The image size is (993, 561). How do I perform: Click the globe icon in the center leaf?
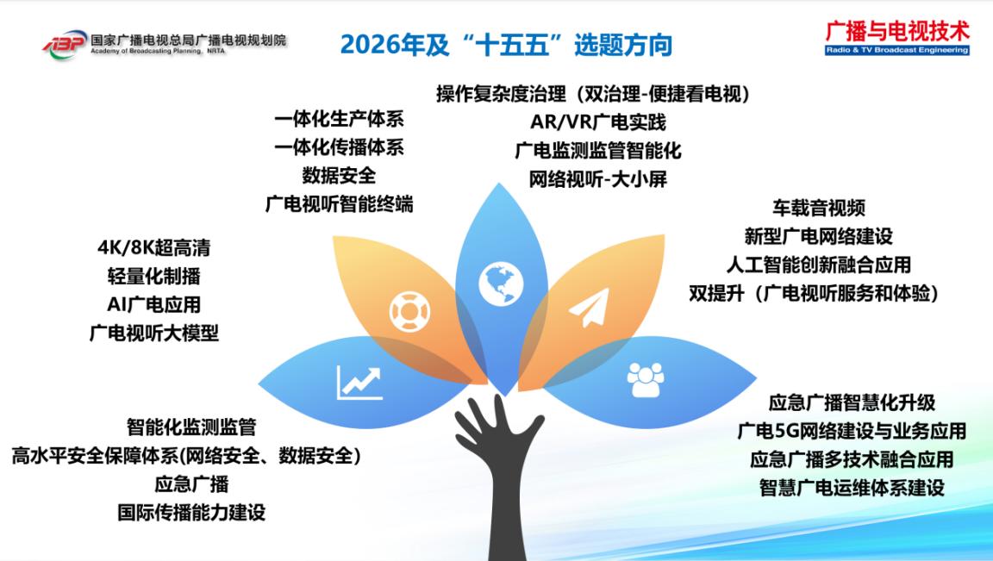click(501, 284)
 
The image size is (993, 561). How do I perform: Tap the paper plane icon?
click(589, 308)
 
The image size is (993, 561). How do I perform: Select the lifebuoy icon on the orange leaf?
click(409, 312)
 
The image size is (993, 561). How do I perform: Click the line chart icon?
click(359, 383)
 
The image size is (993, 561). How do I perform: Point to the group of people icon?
click(646, 380)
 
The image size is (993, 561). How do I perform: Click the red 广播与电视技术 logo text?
click(897, 31)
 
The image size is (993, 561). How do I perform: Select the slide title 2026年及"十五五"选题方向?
click(506, 45)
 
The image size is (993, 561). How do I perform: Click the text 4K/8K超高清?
click(154, 247)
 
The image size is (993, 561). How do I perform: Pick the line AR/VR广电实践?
click(598, 122)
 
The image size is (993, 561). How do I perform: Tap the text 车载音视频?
click(818, 208)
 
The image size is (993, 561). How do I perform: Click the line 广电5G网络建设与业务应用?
click(852, 431)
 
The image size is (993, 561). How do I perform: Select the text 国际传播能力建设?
click(191, 512)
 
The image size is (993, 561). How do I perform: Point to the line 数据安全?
click(339, 176)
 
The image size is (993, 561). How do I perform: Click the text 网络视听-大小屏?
click(598, 179)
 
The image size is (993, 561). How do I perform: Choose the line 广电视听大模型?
click(154, 333)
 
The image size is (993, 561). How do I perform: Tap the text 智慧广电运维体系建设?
click(852, 488)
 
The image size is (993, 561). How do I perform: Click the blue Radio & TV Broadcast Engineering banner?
click(897, 50)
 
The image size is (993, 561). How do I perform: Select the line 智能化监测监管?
click(191, 427)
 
